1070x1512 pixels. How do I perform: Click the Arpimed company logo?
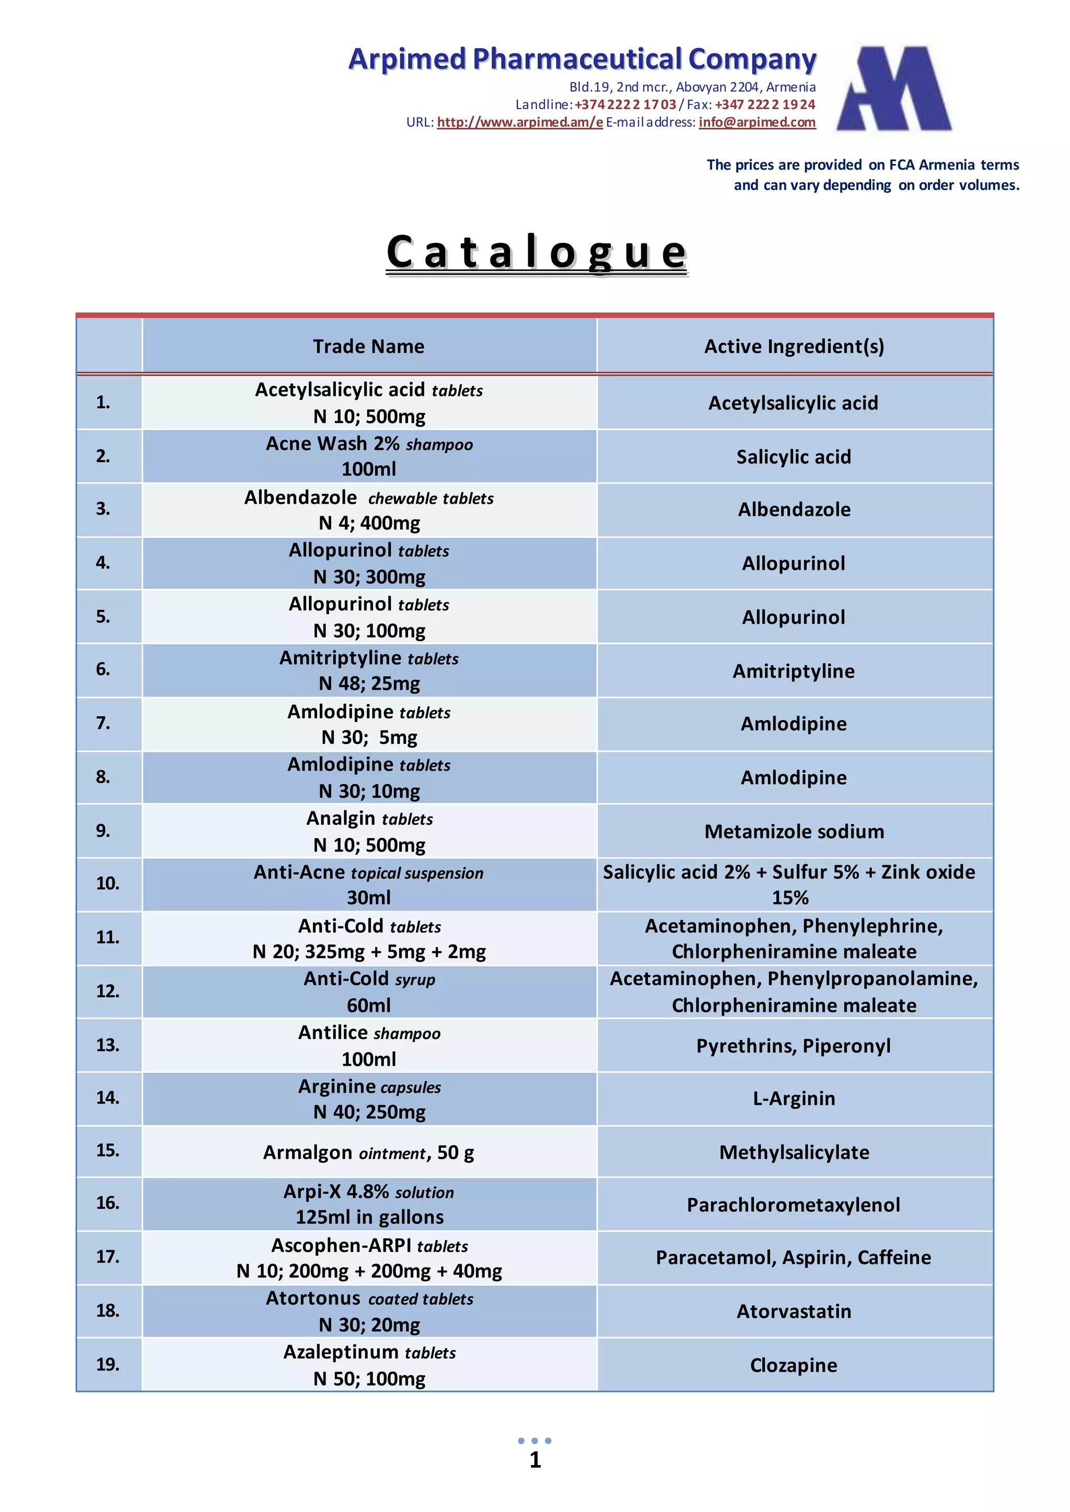[894, 88]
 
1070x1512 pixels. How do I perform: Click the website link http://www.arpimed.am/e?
[520, 123]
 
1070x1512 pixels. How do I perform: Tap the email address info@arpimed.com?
[757, 123]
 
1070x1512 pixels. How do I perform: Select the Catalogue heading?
[537, 252]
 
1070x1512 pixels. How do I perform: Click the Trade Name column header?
[368, 346]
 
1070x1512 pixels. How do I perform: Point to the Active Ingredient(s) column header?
[794, 346]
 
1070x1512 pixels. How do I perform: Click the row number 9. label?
[103, 831]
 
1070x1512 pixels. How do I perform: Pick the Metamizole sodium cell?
[794, 832]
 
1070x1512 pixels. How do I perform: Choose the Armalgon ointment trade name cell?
[368, 1152]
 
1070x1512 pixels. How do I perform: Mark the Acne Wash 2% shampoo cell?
[369, 456]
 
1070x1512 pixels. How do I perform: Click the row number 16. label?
[108, 1203]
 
